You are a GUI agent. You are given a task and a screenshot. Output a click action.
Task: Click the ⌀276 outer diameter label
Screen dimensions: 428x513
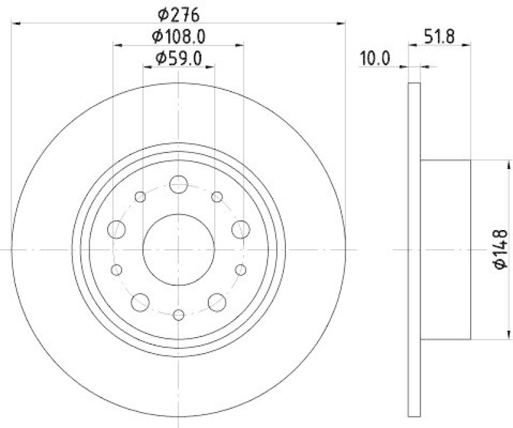(x=178, y=12)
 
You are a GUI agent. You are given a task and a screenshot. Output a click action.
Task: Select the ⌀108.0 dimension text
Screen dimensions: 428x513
(x=178, y=36)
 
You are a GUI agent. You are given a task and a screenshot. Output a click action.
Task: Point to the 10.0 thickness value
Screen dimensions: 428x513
(x=375, y=58)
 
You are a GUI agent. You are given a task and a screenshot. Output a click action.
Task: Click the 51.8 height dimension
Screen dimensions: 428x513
(x=439, y=37)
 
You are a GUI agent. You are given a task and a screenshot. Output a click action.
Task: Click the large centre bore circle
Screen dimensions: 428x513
(x=178, y=249)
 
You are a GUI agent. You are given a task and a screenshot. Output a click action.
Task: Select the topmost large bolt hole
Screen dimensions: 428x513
(x=178, y=185)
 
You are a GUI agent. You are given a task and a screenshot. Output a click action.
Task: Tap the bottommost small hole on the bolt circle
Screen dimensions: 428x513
(x=178, y=315)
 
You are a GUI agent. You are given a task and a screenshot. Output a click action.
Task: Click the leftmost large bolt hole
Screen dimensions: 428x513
(x=117, y=228)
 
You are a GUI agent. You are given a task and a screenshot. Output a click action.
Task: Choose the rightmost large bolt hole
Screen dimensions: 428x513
(x=240, y=228)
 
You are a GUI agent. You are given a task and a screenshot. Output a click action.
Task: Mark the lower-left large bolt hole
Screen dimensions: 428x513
(x=140, y=301)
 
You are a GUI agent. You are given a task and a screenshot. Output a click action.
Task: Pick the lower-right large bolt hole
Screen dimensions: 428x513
(x=217, y=301)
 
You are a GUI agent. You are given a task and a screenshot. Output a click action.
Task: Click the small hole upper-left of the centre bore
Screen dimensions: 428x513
(x=140, y=197)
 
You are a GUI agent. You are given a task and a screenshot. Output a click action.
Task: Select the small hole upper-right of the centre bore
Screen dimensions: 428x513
(x=217, y=196)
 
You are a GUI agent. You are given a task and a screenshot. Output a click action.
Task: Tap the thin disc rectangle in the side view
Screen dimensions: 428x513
(x=414, y=249)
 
